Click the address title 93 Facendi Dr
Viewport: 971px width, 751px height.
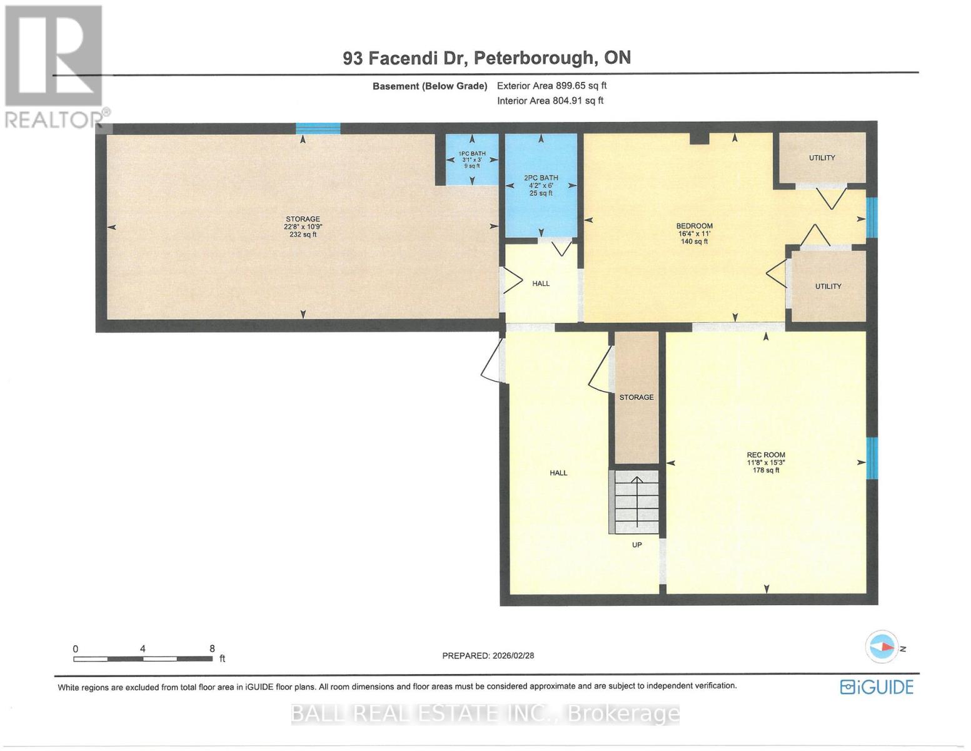tap(486, 58)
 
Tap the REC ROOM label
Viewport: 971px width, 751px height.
tap(766, 455)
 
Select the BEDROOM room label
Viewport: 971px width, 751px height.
tap(694, 226)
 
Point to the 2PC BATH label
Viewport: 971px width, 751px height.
tap(541, 178)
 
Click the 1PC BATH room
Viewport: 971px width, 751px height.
tap(472, 160)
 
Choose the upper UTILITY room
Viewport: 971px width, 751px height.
tap(822, 158)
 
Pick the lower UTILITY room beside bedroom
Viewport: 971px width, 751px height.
tap(828, 286)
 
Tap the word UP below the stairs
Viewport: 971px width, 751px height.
tap(636, 545)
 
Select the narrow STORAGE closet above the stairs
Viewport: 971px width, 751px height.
tap(636, 397)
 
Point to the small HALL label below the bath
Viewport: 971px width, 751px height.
tap(541, 284)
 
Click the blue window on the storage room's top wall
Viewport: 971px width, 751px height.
tap(318, 129)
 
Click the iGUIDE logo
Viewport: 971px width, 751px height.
tap(877, 687)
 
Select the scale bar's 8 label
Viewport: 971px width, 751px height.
tap(212, 649)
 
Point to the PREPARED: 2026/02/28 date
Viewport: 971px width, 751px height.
tap(488, 656)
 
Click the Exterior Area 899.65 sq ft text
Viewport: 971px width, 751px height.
tap(551, 86)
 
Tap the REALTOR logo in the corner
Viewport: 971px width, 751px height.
tap(55, 66)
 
